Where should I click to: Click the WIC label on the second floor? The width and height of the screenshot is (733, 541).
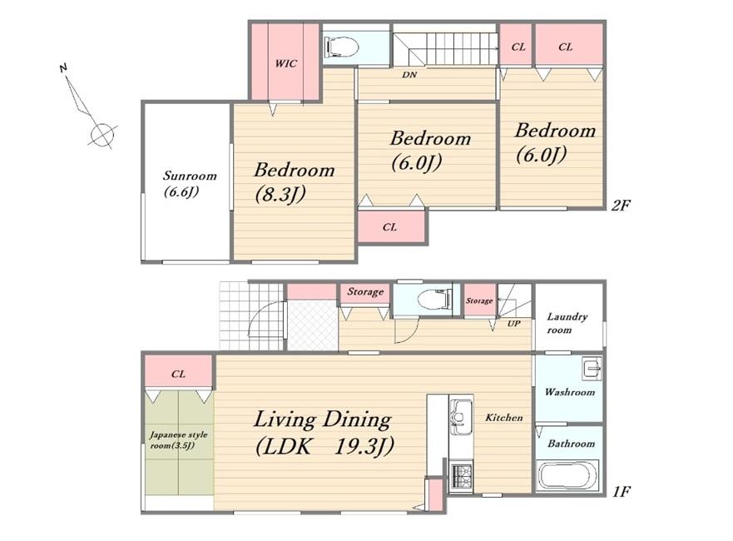[x=285, y=63]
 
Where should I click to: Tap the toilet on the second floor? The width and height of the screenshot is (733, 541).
[x=341, y=47]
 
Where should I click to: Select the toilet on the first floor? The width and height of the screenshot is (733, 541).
[x=435, y=300]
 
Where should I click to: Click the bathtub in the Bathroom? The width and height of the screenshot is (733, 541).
[x=568, y=474]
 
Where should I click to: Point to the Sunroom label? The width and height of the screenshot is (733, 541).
[x=190, y=176]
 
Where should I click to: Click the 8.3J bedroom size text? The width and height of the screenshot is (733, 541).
[x=280, y=195]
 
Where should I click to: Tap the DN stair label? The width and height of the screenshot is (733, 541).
[x=409, y=75]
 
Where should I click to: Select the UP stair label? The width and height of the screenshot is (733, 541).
[x=513, y=324]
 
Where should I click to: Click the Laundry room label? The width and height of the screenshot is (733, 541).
[x=567, y=323]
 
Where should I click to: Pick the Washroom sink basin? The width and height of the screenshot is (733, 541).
[x=592, y=369]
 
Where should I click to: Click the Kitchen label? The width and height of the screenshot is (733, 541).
[x=504, y=417]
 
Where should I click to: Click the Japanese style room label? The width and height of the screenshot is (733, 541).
[x=179, y=440]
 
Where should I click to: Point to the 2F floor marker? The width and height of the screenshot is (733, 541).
[x=622, y=205]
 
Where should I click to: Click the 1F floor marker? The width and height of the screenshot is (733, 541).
[x=622, y=491]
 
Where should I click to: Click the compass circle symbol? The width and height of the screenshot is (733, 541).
[x=102, y=135]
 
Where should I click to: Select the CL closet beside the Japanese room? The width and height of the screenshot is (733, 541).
[x=179, y=373]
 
